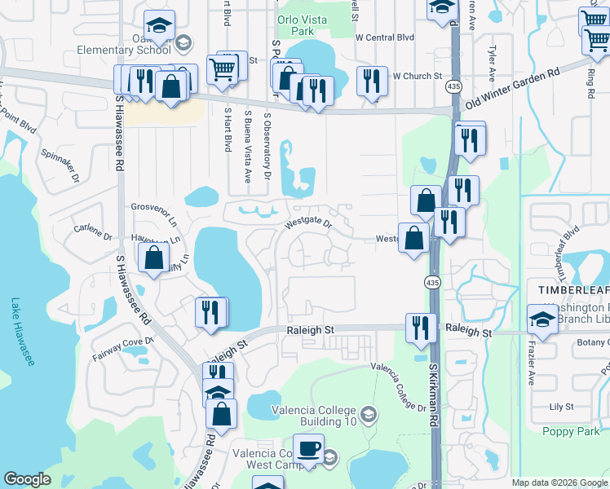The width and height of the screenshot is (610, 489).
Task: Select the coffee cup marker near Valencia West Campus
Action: coord(308,449)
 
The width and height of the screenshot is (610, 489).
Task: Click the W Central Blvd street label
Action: coord(385,37)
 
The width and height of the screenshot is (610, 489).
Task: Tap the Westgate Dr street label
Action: coord(309,222)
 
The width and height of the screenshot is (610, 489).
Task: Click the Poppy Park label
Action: coord(564,430)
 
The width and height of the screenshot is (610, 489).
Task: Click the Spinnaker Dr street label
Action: coord(60,165)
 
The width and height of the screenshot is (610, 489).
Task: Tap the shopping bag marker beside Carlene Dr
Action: coord(153,258)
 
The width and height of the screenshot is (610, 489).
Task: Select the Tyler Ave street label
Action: coord(492,63)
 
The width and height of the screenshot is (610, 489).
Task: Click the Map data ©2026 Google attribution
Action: coord(559,482)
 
